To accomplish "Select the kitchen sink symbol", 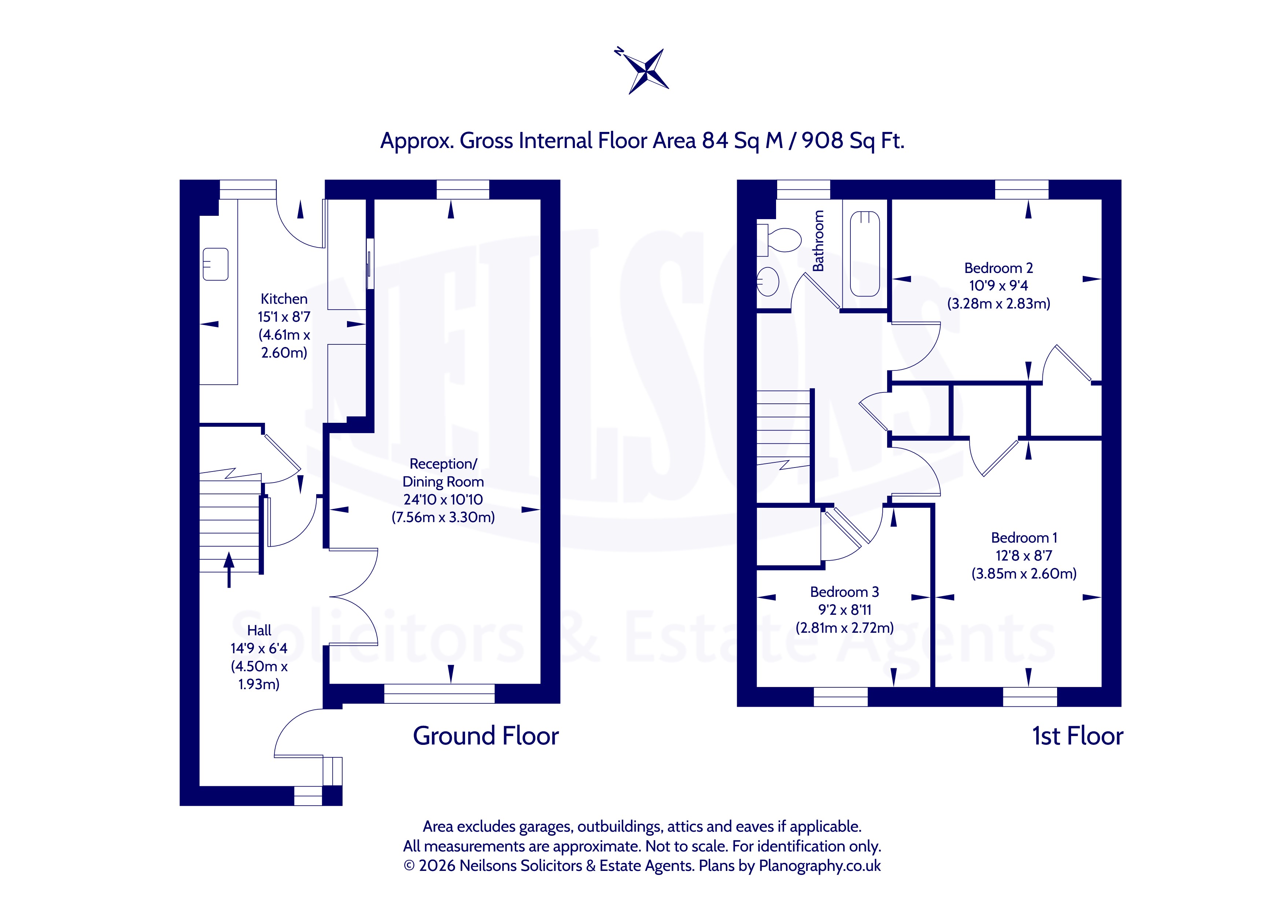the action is pyautogui.click(x=215, y=264).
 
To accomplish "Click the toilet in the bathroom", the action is pyautogui.click(x=779, y=240).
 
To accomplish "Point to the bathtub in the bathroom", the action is pyautogui.click(x=865, y=254).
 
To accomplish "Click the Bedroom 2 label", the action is pyautogui.click(x=998, y=268).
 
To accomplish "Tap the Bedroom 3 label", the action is pyautogui.click(x=845, y=592).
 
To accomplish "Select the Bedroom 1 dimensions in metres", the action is pyautogui.click(x=1024, y=574).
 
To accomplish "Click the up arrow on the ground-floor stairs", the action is pyautogui.click(x=229, y=570).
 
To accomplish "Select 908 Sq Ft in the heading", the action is pyautogui.click(x=853, y=140).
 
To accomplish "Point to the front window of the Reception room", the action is pyautogui.click(x=439, y=694).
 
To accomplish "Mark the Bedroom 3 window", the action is pyautogui.click(x=840, y=697).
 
